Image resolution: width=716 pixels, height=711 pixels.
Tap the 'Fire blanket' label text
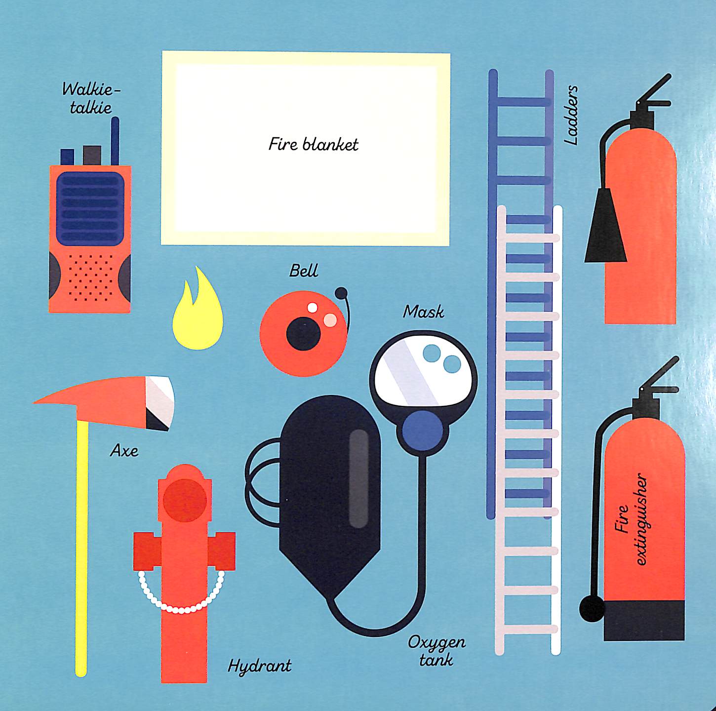tap(313, 144)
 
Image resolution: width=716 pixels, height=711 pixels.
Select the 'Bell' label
tap(303, 271)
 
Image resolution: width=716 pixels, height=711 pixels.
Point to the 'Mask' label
tap(423, 312)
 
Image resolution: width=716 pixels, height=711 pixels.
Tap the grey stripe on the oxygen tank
tap(358, 478)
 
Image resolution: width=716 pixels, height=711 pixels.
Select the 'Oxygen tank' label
tap(437, 651)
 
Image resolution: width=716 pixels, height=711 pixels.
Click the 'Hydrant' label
tap(259, 666)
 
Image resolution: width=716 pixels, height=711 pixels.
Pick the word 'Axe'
tap(124, 450)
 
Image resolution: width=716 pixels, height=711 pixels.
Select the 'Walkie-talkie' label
tap(91, 98)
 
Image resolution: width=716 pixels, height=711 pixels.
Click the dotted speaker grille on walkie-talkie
tap(90, 277)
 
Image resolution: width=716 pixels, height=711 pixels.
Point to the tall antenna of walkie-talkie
tap(115, 141)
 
